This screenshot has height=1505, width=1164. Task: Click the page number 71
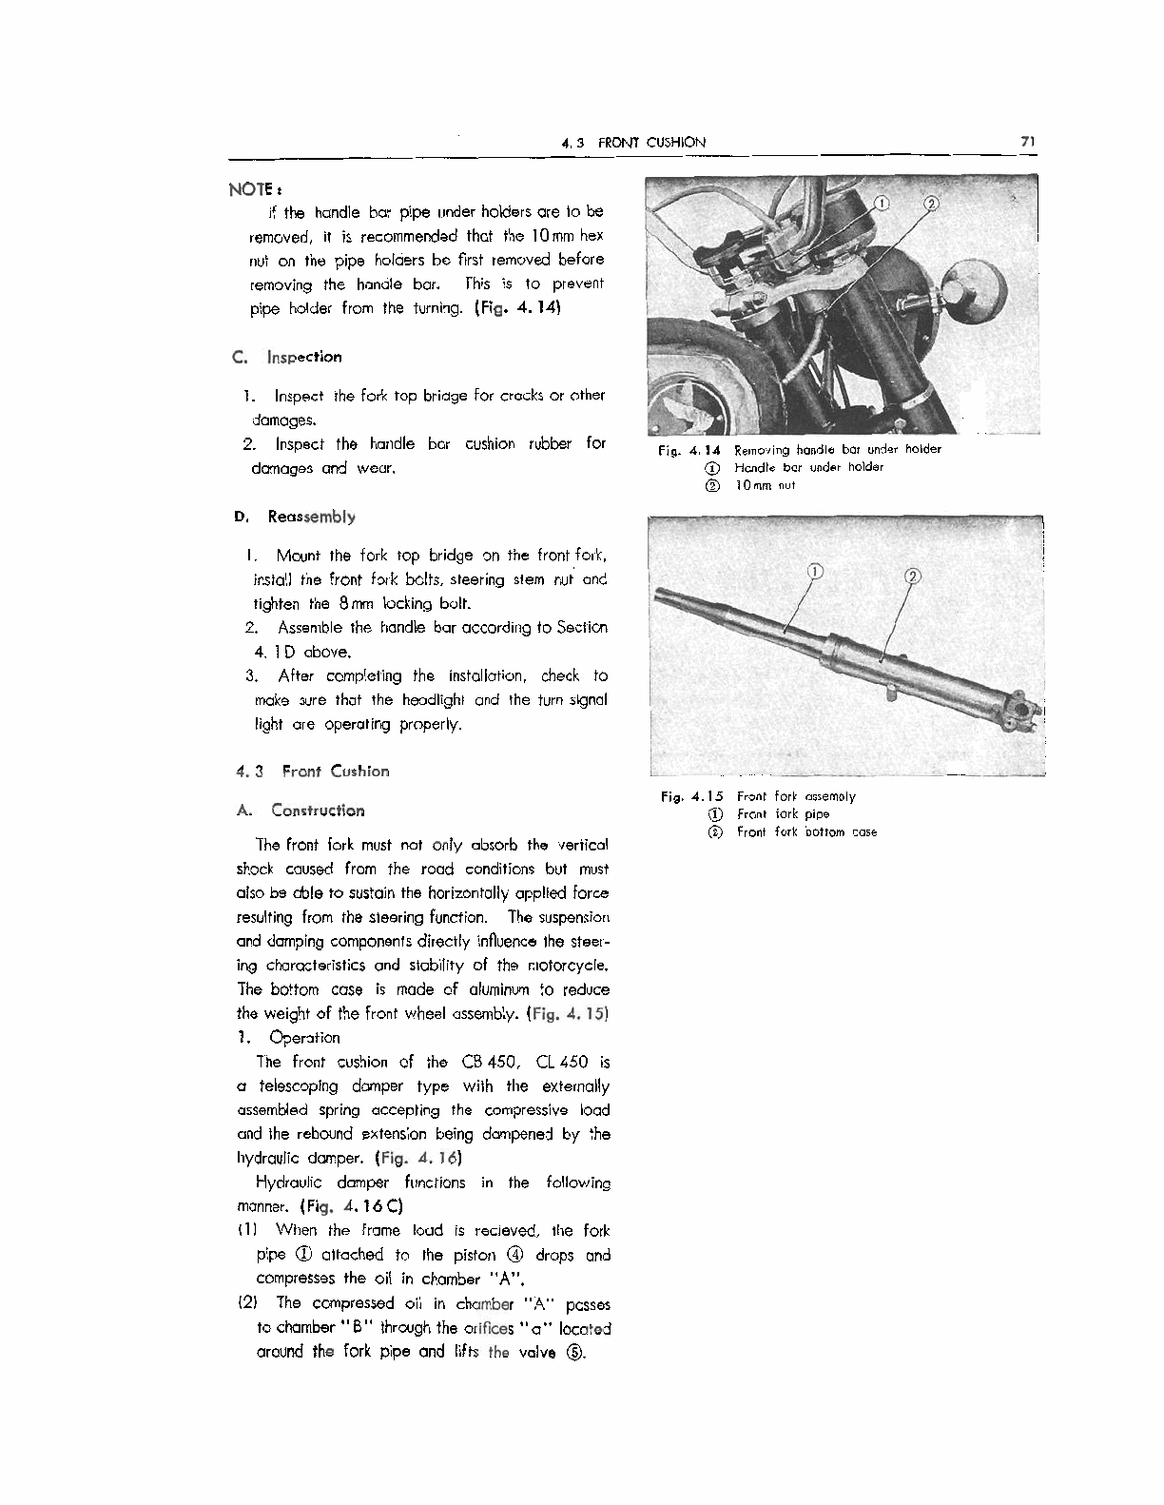pyautogui.click(x=1027, y=142)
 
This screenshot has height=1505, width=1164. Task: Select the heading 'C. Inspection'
pyautogui.click(x=286, y=358)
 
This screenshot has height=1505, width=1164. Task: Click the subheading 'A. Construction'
pyautogui.click(x=300, y=811)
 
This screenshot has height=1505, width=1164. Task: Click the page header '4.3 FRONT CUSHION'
pyautogui.click(x=633, y=143)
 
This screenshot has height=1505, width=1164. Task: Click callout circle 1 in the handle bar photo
pyautogui.click(x=882, y=203)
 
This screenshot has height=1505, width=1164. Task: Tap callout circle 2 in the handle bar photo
pyautogui.click(x=931, y=203)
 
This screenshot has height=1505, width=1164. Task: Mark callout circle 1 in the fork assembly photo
pyautogui.click(x=814, y=572)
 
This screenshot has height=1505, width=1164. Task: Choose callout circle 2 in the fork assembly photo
pyautogui.click(x=911, y=577)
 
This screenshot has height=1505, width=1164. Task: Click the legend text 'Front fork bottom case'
pyautogui.click(x=806, y=832)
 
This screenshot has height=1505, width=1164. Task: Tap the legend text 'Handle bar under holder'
pyautogui.click(x=808, y=467)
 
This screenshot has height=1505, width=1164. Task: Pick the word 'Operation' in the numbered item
pyautogui.click(x=304, y=1038)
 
